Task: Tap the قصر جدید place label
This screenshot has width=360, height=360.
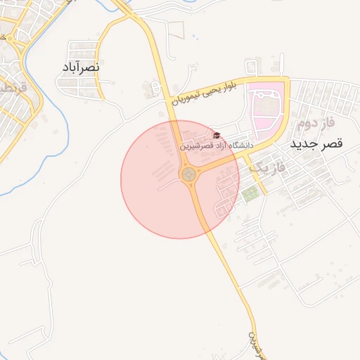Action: coord(316,143)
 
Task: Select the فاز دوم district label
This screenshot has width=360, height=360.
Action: coord(312,124)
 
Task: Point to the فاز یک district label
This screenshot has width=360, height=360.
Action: coord(269,168)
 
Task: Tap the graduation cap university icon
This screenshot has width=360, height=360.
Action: coord(217,136)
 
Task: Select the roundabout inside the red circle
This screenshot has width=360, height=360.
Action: coord(188,174)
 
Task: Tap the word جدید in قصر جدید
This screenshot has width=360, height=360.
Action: coord(304,144)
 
